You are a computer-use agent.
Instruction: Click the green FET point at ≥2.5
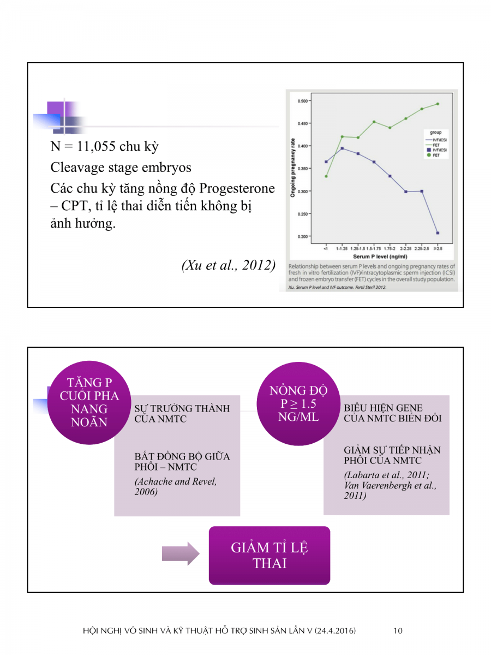(438, 104)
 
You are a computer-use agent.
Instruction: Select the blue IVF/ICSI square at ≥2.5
(438, 233)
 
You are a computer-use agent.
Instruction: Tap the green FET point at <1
(326, 176)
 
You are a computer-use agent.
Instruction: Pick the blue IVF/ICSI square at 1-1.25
(342, 148)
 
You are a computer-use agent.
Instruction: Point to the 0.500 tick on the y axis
(302, 101)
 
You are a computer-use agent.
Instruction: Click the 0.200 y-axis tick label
(302, 236)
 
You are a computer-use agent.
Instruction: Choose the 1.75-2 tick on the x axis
(390, 248)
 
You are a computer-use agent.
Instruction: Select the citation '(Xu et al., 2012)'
(227, 266)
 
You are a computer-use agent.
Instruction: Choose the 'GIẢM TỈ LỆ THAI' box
(270, 555)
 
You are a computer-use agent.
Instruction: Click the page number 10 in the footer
(398, 631)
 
